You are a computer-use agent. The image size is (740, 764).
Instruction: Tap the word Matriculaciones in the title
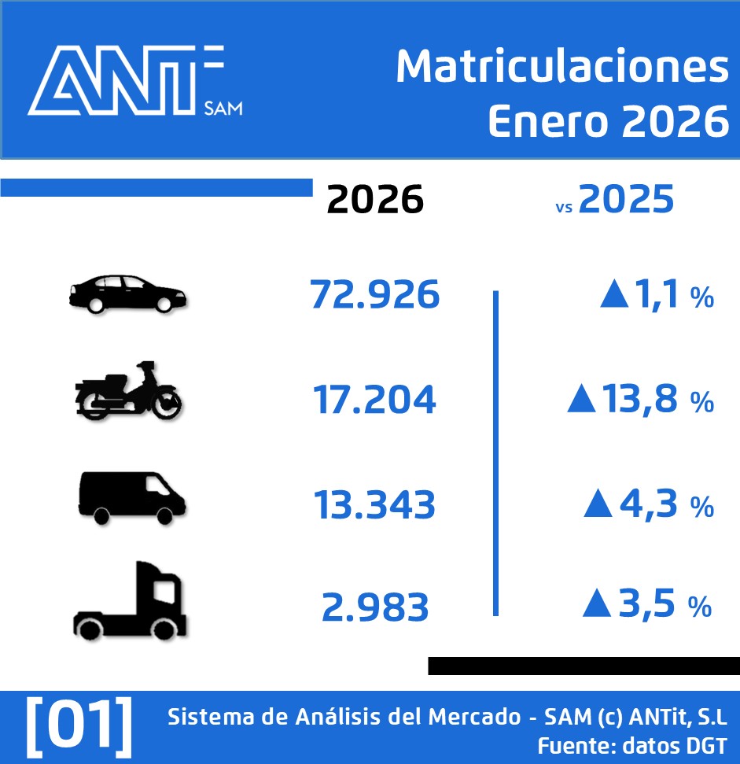[562, 68]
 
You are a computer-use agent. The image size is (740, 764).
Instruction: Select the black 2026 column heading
[375, 200]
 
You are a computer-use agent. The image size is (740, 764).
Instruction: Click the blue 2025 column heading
[627, 200]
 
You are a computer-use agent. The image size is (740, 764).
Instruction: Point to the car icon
[127, 295]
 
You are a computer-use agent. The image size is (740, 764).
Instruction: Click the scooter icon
[127, 391]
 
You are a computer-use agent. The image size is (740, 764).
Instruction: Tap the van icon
[131, 497]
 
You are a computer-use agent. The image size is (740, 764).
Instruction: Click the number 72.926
[374, 294]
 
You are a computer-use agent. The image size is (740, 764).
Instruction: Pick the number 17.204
[374, 400]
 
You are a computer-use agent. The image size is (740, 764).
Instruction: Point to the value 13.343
[374, 504]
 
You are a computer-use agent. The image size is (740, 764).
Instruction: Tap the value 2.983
[375, 607]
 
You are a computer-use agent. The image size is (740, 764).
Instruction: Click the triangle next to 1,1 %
[614, 295]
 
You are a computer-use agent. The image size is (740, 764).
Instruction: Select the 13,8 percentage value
[639, 400]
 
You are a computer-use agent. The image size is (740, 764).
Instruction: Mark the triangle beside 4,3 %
[598, 504]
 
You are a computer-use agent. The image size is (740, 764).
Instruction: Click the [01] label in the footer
[79, 722]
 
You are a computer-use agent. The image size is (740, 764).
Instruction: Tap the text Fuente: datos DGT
[631, 745]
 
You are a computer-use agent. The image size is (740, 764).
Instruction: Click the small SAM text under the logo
[223, 106]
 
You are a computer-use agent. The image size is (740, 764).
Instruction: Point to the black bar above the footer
[584, 666]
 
